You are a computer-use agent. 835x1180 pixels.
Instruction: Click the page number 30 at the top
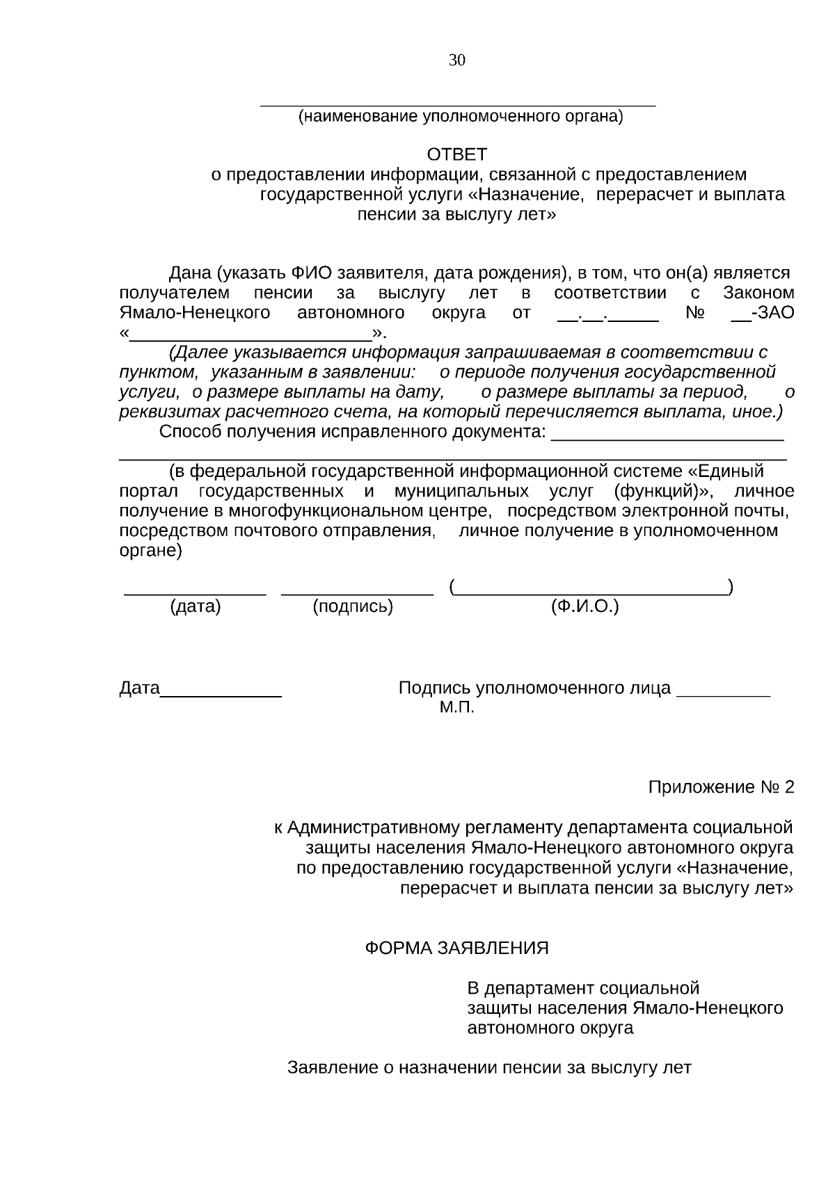[457, 60]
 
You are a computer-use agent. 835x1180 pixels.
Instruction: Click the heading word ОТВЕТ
[457, 154]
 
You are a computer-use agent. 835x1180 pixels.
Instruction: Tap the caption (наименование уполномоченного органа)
[461, 117]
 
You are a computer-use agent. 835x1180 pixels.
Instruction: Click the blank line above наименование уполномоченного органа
[457, 105]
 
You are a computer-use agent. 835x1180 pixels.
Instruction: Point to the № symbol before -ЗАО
[694, 313]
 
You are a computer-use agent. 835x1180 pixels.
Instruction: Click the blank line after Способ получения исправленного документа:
[667, 439]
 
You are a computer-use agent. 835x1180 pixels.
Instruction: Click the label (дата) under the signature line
[196, 607]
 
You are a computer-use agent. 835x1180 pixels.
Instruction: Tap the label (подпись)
[353, 607]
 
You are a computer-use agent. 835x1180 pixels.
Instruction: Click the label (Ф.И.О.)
[584, 607]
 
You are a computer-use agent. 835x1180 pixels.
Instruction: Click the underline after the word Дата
[221, 695]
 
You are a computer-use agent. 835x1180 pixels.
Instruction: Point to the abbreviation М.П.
[456, 709]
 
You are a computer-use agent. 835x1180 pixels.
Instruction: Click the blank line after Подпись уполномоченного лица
[723, 695]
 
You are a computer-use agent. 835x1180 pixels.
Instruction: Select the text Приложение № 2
[720, 788]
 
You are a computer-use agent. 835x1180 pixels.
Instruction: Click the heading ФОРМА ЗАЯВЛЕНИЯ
[457, 948]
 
